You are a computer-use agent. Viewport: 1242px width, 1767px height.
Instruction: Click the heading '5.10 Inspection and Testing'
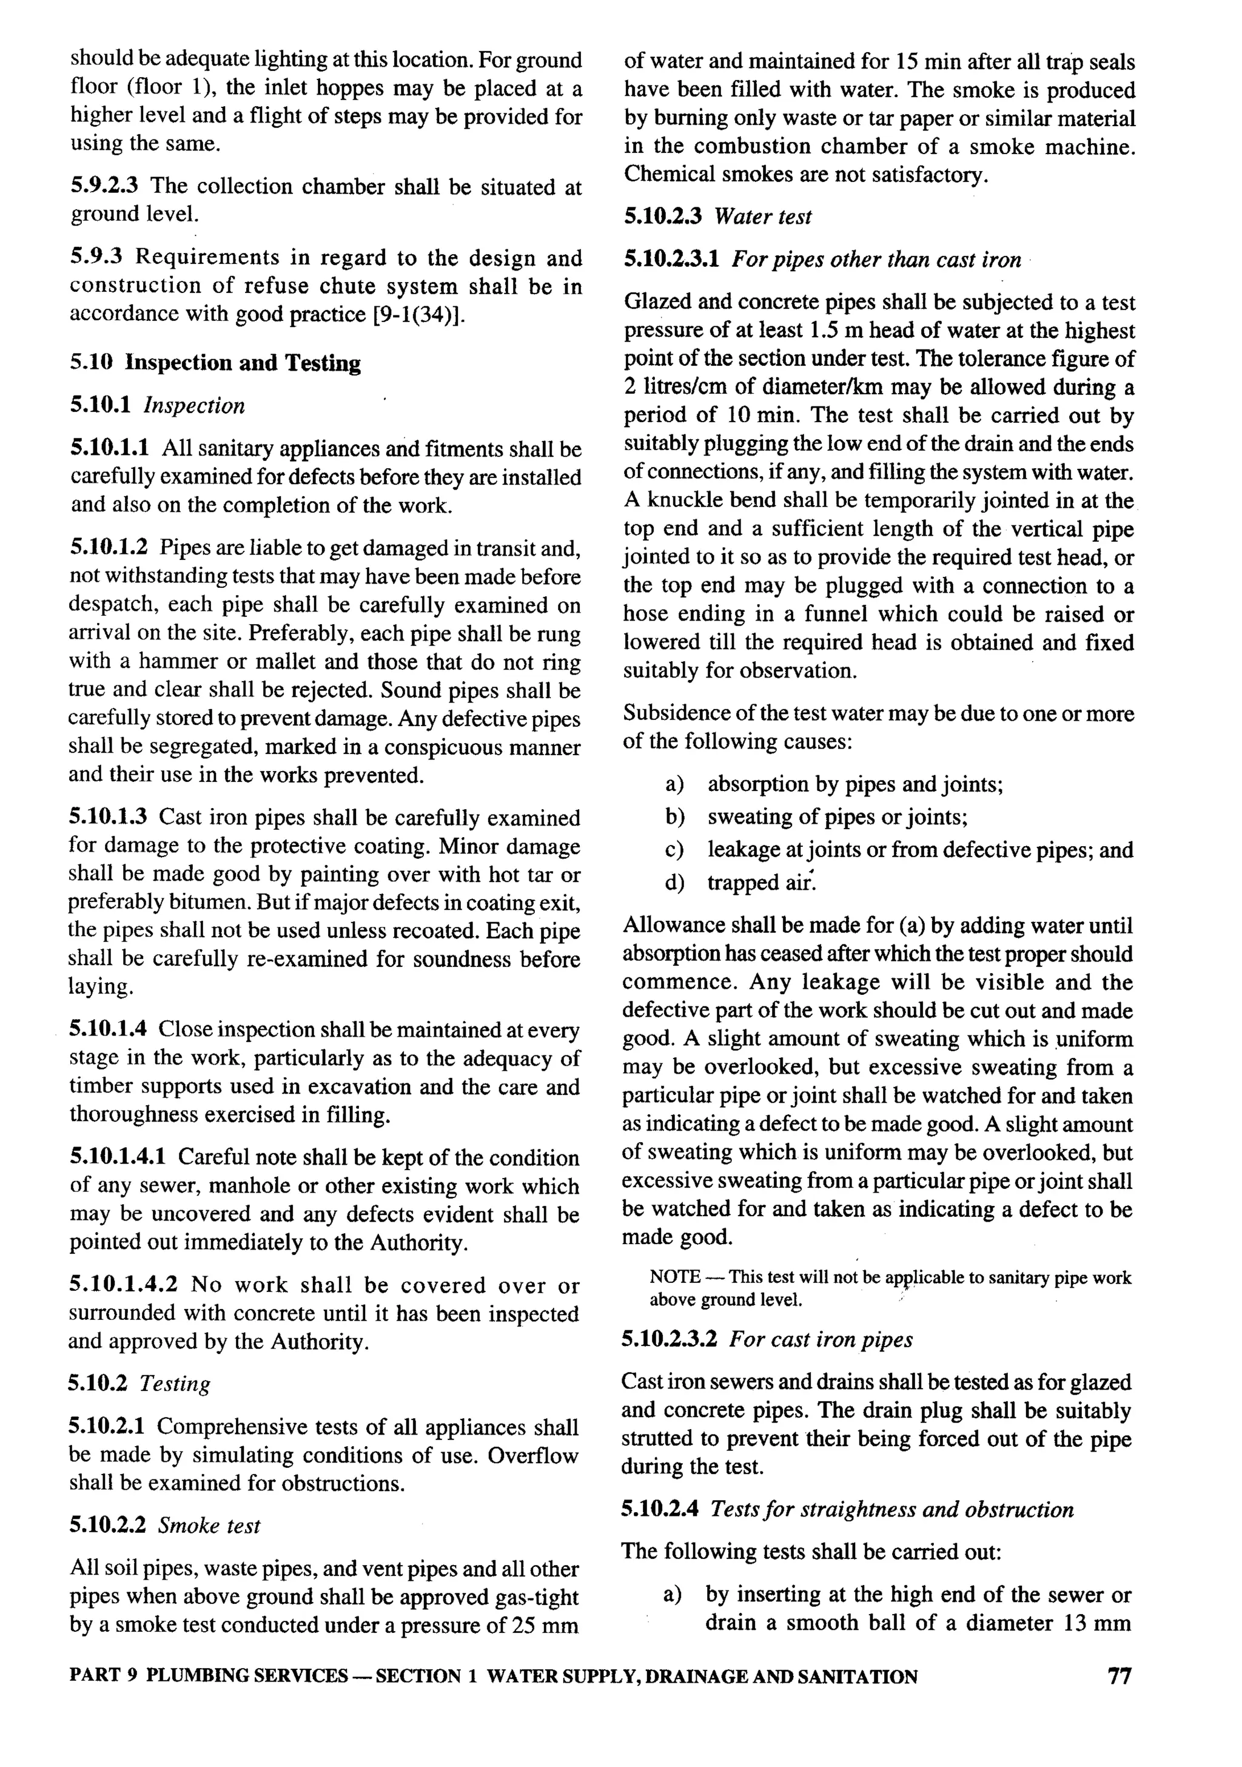click(215, 363)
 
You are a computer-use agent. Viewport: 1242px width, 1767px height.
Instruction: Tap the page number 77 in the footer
click(1119, 1676)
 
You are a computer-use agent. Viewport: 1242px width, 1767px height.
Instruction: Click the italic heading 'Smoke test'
click(209, 1526)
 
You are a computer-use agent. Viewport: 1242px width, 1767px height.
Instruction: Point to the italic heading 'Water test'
click(762, 217)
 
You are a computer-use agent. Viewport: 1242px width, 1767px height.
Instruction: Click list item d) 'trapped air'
click(760, 883)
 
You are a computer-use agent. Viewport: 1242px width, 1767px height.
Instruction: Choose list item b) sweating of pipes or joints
click(838, 816)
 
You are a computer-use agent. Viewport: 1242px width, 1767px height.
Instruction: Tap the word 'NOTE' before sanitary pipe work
click(674, 1277)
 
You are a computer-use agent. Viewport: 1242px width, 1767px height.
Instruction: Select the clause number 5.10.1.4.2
click(123, 1285)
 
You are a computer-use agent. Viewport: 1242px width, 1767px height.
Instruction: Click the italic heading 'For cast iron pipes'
click(821, 1339)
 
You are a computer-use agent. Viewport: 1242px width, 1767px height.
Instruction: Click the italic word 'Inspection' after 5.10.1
click(194, 406)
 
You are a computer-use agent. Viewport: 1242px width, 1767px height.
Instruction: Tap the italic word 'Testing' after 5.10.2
click(175, 1384)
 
